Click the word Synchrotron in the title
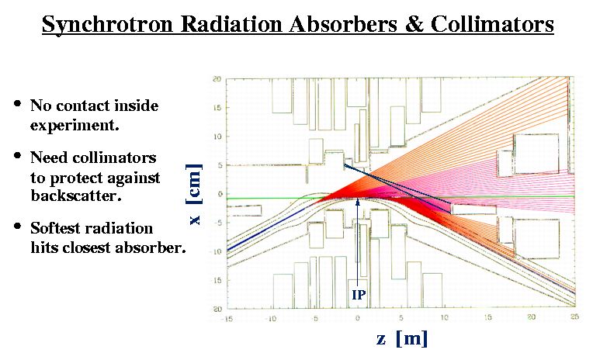click(x=108, y=26)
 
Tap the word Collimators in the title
click(x=491, y=24)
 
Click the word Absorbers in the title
click(x=343, y=24)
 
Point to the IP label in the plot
click(x=359, y=295)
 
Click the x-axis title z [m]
click(x=402, y=337)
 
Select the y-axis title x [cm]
click(x=194, y=194)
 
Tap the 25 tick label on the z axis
click(x=574, y=317)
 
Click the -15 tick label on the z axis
click(x=227, y=319)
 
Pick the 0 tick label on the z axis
click(x=357, y=318)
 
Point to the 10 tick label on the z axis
click(x=445, y=317)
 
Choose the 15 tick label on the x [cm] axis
click(x=217, y=108)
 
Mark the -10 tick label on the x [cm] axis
click(x=216, y=251)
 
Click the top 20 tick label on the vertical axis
click(x=217, y=79)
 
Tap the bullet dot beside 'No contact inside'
click(x=17, y=103)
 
